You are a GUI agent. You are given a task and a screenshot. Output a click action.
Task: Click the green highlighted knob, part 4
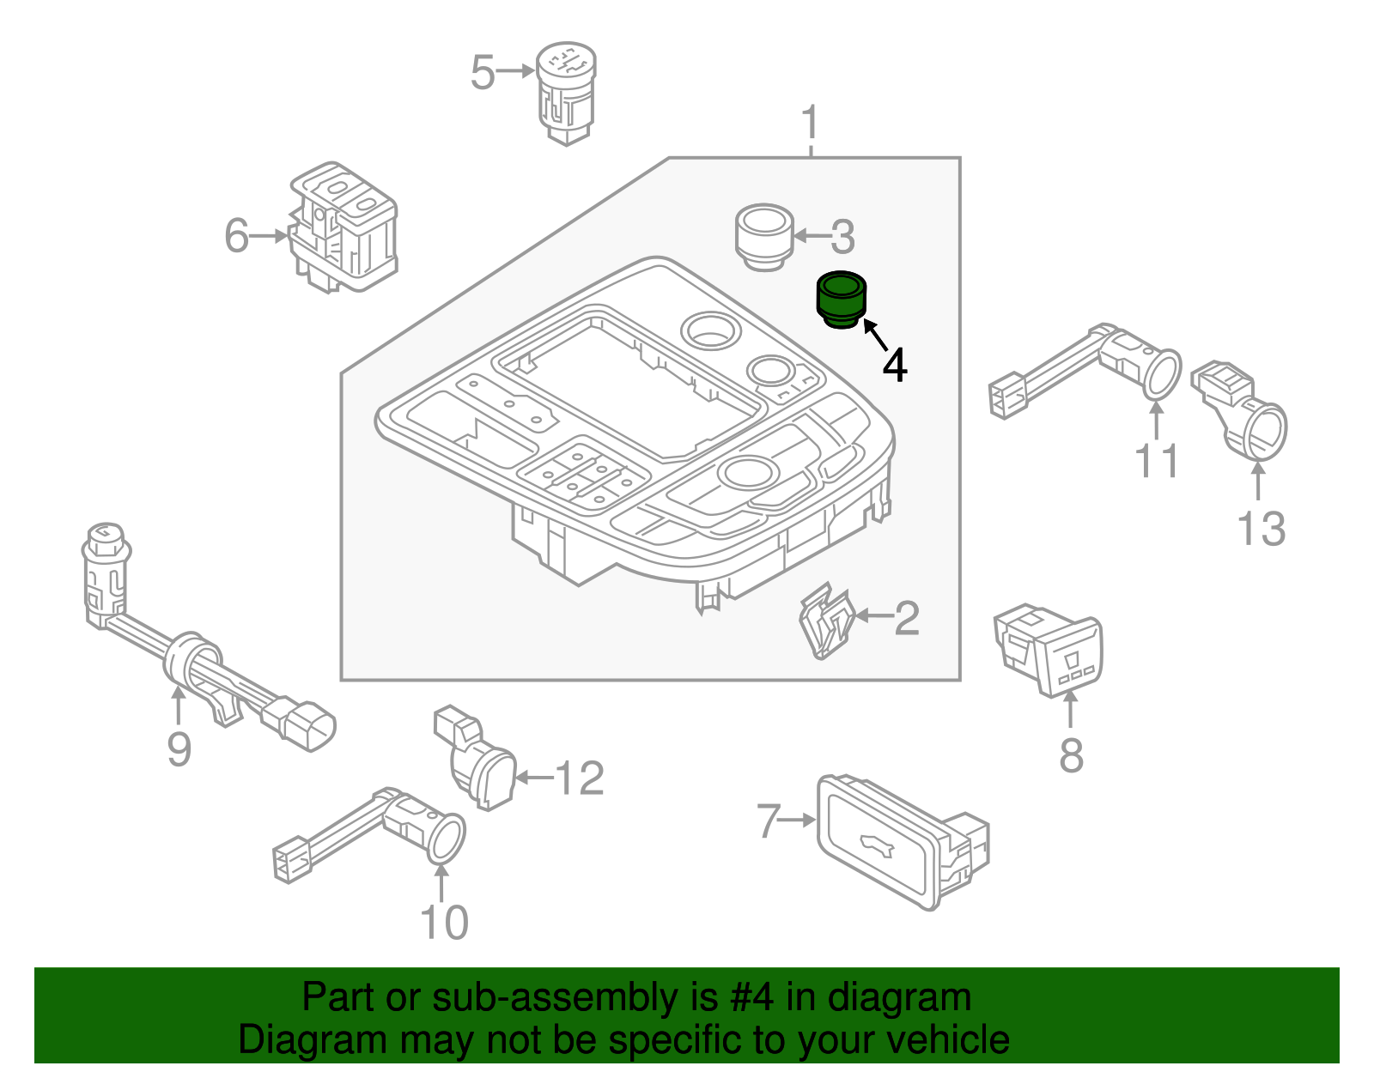pyautogui.click(x=840, y=300)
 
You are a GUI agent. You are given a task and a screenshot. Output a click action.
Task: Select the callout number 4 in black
pyautogui.click(x=895, y=366)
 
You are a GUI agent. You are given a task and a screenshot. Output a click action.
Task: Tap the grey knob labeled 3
pyautogui.click(x=763, y=236)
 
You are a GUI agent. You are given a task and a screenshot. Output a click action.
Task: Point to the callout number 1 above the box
pyautogui.click(x=811, y=124)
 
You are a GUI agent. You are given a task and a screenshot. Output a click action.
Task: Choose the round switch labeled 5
pyautogui.click(x=566, y=92)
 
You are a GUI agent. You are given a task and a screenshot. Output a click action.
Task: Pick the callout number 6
pyautogui.click(x=237, y=235)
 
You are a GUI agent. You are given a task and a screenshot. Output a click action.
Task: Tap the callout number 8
pyautogui.click(x=1071, y=756)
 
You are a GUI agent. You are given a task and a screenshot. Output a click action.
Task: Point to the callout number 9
pyautogui.click(x=179, y=749)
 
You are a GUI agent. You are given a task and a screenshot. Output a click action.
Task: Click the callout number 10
pyautogui.click(x=444, y=923)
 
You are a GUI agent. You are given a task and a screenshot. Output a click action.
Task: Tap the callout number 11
pyautogui.click(x=1157, y=462)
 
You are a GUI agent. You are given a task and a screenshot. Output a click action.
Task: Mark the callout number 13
pyautogui.click(x=1261, y=529)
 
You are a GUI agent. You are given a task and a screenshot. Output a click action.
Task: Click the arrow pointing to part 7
pyautogui.click(x=799, y=820)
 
